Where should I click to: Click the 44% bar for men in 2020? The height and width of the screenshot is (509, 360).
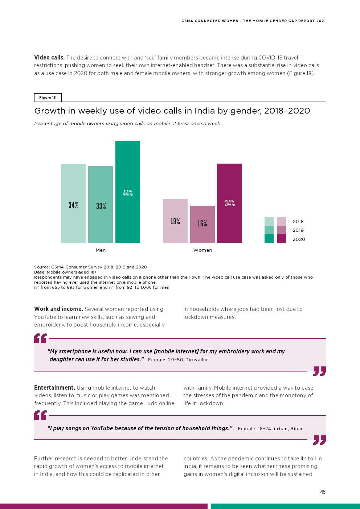128,192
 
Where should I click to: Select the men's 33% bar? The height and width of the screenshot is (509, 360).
101,205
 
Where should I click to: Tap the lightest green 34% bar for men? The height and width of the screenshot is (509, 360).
73,204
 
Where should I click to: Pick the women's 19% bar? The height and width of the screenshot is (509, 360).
175,221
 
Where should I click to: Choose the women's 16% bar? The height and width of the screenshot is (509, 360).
202,224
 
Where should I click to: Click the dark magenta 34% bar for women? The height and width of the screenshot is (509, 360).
229,203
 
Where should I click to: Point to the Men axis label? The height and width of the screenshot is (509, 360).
101,250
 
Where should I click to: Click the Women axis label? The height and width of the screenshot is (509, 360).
202,250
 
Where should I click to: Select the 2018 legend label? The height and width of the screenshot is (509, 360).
298,221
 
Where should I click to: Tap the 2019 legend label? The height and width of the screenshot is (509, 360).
298,230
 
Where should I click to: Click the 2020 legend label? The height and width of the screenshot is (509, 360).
299,239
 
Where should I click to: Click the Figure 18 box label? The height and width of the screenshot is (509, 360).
48,97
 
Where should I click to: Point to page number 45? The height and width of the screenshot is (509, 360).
323,492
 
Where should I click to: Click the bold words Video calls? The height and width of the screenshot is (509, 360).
49,57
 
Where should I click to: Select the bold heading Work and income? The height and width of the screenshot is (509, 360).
58,309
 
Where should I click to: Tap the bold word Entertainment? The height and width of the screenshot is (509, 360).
54,387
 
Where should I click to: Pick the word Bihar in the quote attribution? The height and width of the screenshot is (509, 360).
296,428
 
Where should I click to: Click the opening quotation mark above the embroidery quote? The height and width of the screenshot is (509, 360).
40,338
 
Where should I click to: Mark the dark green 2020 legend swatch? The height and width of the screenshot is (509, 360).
269,238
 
